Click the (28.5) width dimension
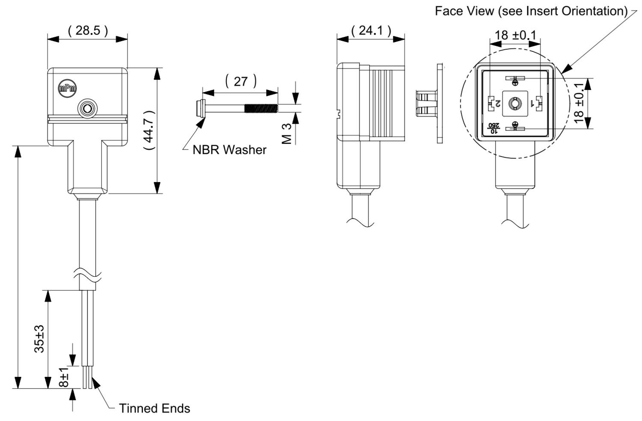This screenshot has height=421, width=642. pos(88,30)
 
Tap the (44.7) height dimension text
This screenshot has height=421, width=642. pos(149,131)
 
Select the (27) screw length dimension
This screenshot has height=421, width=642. pos(241,81)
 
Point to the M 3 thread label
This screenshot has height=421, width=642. pos(287,134)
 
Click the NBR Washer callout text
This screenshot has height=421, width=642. pos(229,150)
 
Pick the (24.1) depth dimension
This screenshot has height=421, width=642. pos(371,30)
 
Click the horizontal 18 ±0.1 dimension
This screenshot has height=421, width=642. pos(515,35)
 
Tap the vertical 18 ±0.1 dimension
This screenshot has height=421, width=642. pos(579,103)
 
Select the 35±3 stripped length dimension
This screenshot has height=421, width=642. pos(39,339)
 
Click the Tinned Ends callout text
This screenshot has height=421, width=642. pos(155,409)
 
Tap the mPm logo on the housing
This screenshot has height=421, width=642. pos(68,88)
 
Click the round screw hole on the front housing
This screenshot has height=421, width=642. pos(87,108)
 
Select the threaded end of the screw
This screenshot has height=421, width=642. pos(261,108)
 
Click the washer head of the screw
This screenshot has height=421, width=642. pos(200,108)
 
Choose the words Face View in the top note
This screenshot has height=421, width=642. pos(464,11)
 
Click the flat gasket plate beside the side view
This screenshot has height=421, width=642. pos(440,104)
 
